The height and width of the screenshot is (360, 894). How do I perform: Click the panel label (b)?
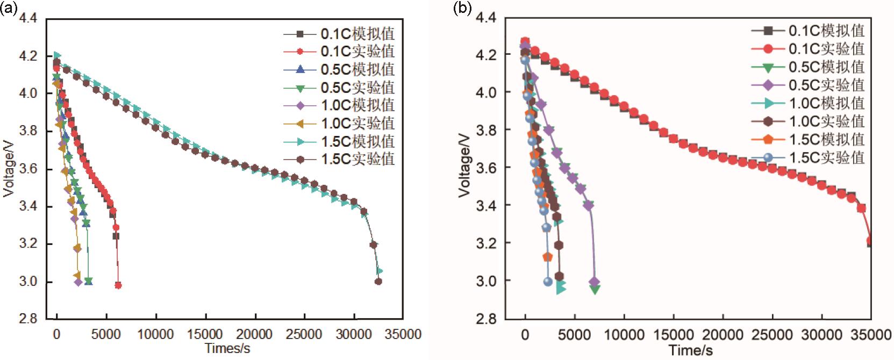click(x=462, y=9)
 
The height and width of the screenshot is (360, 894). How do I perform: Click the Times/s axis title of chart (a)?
click(x=227, y=348)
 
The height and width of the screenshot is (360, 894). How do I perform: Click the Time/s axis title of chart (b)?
click(x=691, y=351)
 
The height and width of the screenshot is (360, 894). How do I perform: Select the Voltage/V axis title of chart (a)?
click(x=9, y=168)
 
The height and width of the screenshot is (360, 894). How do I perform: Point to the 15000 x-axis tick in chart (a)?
click(x=205, y=334)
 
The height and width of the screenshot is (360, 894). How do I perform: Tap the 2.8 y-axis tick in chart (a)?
click(x=28, y=319)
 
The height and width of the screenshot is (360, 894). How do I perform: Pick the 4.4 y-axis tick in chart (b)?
click(x=486, y=18)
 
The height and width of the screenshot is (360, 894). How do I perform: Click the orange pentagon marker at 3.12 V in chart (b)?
click(x=548, y=257)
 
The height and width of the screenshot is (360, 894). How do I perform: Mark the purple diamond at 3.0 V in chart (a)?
click(x=78, y=282)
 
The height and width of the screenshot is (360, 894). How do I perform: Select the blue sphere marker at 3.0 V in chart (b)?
click(x=548, y=282)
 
